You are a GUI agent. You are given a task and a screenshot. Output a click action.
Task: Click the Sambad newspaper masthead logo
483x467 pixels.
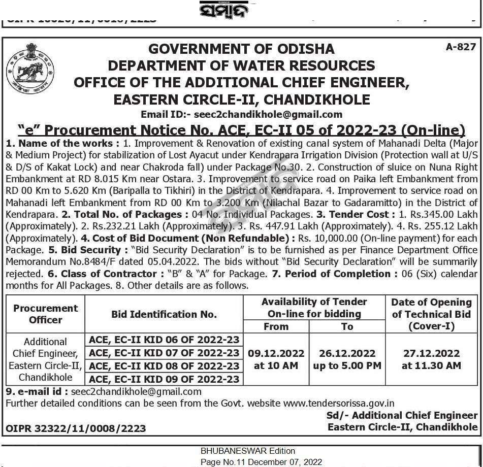tap(241, 10)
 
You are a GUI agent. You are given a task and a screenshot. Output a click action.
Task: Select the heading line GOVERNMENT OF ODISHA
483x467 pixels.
tap(241, 49)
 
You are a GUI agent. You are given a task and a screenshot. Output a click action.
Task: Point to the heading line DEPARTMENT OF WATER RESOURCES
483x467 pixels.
tap(241, 65)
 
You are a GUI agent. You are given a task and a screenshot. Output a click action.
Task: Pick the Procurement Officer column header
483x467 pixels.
tap(45, 314)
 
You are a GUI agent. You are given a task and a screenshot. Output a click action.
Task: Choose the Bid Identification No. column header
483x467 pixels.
tap(164, 314)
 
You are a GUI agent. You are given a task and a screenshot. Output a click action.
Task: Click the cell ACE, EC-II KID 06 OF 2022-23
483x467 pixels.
tap(164, 340)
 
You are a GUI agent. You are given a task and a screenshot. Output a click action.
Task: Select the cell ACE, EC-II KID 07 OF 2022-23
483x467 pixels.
tap(164, 353)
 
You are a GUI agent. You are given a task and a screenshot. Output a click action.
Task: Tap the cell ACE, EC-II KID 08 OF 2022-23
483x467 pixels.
tap(164, 366)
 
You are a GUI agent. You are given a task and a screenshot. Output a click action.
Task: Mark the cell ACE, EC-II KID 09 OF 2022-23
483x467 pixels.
tap(164, 379)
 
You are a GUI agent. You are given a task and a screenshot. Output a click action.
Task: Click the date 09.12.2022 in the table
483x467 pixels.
tap(276, 353)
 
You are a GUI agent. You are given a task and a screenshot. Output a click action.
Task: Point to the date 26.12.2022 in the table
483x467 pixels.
tap(347, 353)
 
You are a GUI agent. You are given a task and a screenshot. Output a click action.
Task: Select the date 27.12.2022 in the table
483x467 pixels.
tap(431, 353)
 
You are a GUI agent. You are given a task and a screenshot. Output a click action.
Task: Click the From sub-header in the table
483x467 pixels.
tap(276, 326)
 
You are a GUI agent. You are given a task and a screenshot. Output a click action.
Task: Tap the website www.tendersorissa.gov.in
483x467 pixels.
tap(339, 404)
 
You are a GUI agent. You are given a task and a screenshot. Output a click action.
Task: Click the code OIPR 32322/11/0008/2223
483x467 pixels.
tap(76, 428)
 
